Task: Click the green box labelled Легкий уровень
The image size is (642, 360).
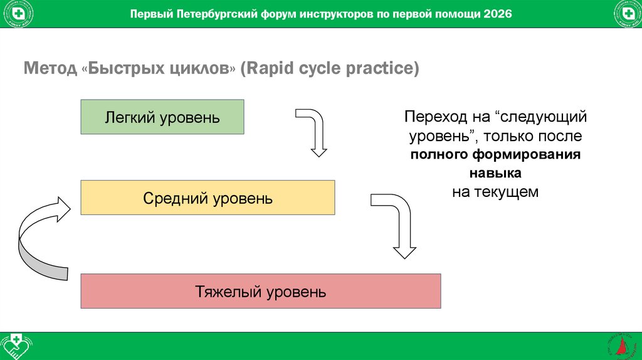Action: tap(162, 117)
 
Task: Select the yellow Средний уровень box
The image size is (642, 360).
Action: tap(208, 198)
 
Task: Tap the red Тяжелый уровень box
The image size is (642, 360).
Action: tap(260, 291)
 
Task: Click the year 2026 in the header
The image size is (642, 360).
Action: tap(498, 14)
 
